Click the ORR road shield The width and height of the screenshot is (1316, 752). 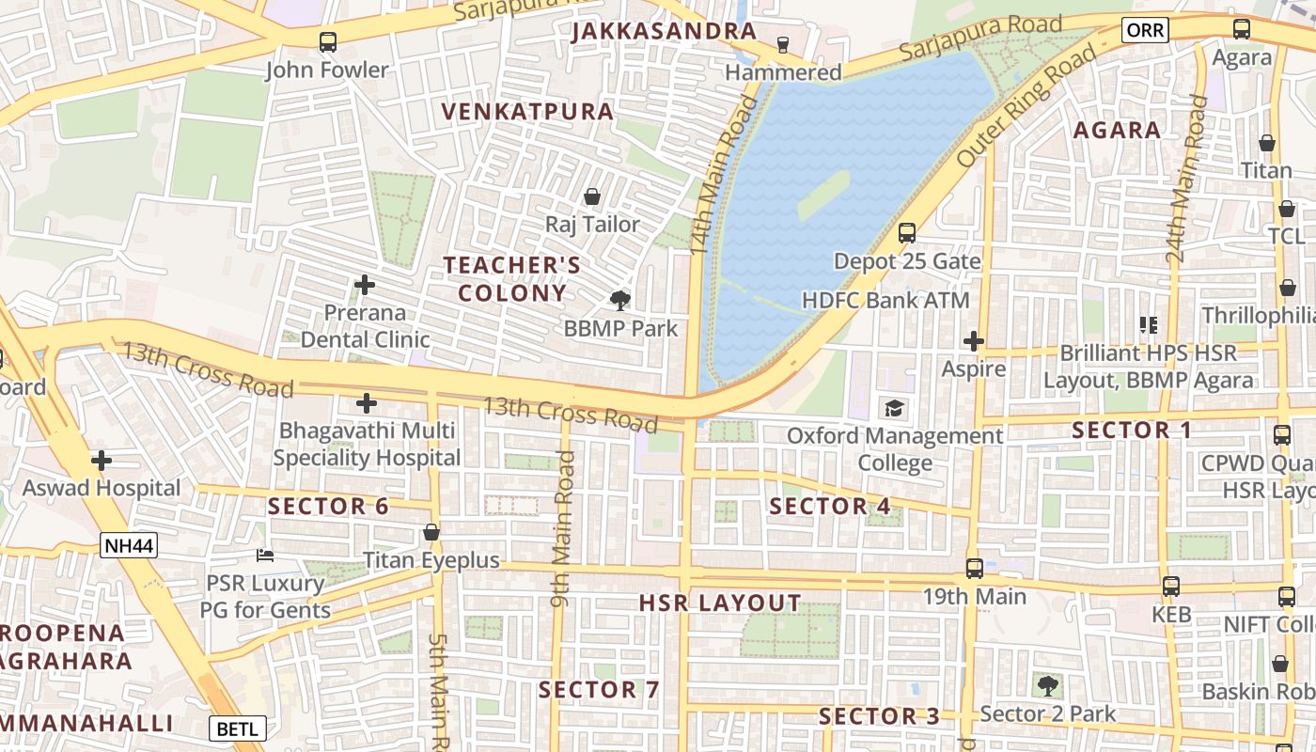click(1145, 30)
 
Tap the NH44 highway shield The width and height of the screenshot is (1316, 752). click(128, 544)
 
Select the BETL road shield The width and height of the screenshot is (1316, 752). click(237, 728)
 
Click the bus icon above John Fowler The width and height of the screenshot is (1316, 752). click(327, 41)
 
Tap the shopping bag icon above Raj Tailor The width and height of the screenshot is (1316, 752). click(592, 196)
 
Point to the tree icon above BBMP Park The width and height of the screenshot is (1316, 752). click(619, 301)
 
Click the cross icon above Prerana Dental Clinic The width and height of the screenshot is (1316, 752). click(365, 284)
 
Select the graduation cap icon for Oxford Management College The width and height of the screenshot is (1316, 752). click(893, 409)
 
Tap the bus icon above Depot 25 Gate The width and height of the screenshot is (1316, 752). click(907, 233)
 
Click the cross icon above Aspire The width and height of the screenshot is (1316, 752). click(974, 341)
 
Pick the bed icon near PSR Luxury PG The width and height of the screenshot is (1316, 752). click(266, 556)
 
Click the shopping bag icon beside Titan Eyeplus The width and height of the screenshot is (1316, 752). click(431, 533)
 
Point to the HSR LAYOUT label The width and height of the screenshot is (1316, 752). click(720, 603)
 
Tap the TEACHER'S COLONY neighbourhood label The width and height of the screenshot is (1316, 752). click(512, 279)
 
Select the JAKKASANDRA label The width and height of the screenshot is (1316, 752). click(664, 31)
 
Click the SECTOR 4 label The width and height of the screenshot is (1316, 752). click(830, 506)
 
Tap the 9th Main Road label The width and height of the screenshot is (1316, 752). click(562, 528)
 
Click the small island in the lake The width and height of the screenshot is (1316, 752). click(823, 195)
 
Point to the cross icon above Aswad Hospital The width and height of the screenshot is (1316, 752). click(102, 461)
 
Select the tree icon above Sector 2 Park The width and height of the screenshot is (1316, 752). click(1047, 685)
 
